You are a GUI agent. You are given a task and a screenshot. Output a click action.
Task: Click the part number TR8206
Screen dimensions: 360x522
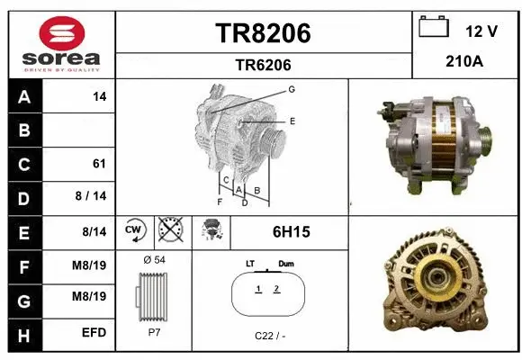point(263,33)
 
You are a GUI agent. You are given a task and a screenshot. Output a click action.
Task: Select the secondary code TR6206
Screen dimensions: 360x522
point(263,65)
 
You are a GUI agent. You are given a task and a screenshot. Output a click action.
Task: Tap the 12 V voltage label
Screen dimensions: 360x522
point(481,31)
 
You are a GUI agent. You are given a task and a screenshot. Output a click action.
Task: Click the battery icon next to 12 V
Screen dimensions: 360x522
point(434,28)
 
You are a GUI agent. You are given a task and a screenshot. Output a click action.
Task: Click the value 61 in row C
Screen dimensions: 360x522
point(99,164)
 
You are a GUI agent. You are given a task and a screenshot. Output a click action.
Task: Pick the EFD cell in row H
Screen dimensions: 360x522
point(94,333)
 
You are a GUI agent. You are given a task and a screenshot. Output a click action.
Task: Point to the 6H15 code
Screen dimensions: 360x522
point(291,231)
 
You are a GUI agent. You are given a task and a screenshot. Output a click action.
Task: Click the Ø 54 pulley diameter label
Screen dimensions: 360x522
point(153,259)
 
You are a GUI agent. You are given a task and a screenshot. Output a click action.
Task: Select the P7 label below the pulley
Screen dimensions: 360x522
point(153,330)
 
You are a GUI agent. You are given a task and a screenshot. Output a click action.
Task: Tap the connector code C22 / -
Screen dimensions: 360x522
point(270,336)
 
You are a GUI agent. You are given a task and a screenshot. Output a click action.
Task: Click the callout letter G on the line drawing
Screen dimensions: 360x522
point(292,89)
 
